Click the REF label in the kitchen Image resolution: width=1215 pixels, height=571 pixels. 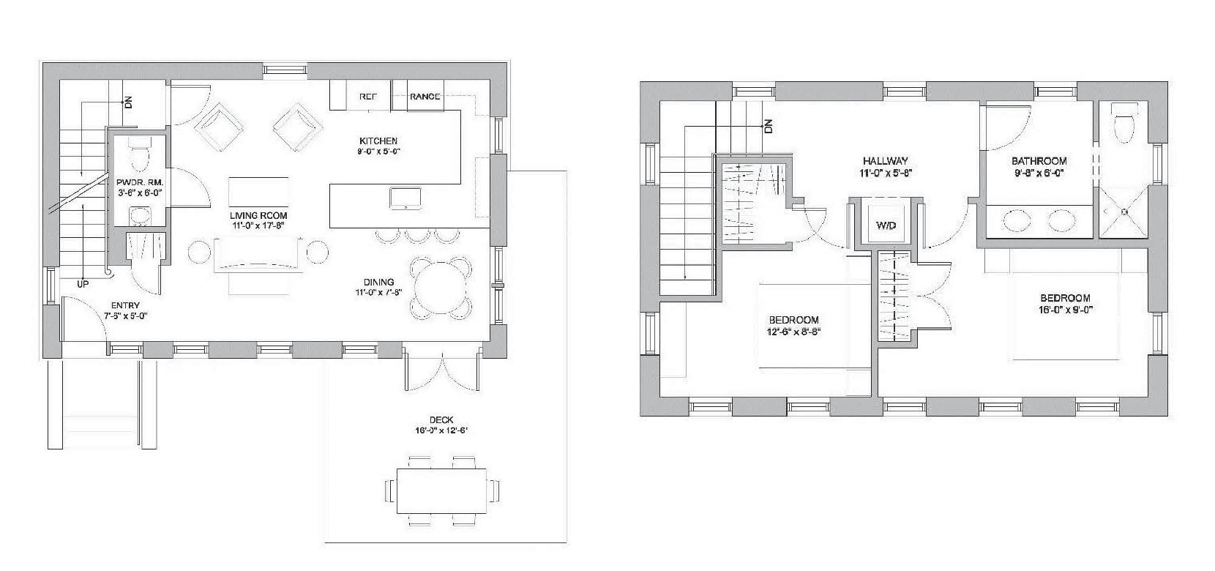[x=368, y=97]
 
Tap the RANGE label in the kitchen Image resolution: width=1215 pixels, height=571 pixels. [x=425, y=97]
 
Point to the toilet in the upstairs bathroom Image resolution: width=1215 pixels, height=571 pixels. [x=1122, y=124]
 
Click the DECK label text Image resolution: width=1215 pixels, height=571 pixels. [x=441, y=420]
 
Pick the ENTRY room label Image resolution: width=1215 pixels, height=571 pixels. [x=125, y=306]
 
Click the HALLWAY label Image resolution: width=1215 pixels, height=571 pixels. [x=885, y=161]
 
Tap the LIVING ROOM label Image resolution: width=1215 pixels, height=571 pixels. [x=258, y=216]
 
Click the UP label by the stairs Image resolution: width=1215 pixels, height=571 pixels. [x=83, y=283]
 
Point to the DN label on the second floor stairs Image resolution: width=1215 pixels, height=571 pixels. [x=768, y=126]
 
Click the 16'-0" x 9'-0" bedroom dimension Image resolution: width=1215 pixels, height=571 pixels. [x=1065, y=309]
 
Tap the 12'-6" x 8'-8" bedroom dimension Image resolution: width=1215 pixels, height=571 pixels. [x=793, y=331]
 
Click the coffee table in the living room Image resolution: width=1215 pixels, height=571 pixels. [x=258, y=192]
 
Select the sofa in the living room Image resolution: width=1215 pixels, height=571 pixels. [x=258, y=255]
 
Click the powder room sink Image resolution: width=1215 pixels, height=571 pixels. [x=138, y=215]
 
